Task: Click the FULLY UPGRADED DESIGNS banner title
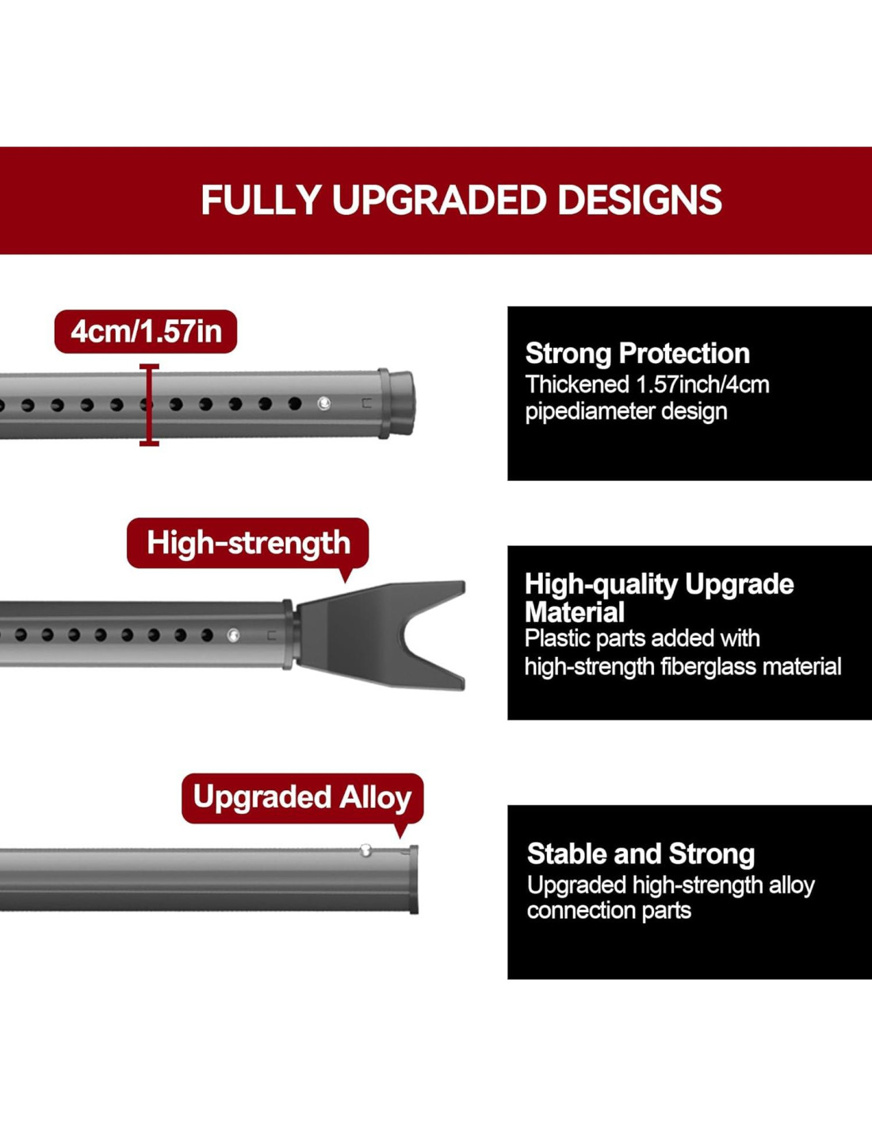pos(461,200)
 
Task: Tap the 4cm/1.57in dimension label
pos(146,331)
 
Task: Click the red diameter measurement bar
pos(149,404)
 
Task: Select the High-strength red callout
pos(248,543)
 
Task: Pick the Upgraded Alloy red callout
pos(302,797)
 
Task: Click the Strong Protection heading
pos(637,353)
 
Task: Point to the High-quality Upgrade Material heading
pos(659,598)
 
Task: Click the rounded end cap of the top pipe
pos(401,403)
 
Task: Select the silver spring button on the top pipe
pos(323,403)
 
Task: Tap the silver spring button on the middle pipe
pos(233,634)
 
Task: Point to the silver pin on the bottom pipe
pos(365,850)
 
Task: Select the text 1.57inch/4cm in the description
pos(702,384)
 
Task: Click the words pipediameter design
pos(626,411)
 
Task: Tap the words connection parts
pos(609,910)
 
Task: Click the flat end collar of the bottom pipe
pos(414,880)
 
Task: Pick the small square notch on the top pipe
pos(367,403)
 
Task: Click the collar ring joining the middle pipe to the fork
pos(288,634)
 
